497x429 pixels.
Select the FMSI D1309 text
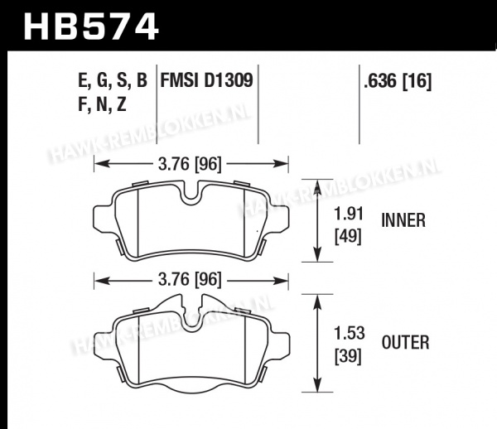tap(206, 80)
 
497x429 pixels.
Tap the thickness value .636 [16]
tap(398, 81)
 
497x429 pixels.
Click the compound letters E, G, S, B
tap(113, 80)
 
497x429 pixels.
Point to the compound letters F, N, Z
tap(102, 104)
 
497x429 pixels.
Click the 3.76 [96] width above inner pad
tap(190, 164)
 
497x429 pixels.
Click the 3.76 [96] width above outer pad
tap(190, 280)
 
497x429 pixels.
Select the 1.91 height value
tap(349, 214)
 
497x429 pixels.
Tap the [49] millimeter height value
tap(348, 236)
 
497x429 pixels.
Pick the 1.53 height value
tap(350, 333)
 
